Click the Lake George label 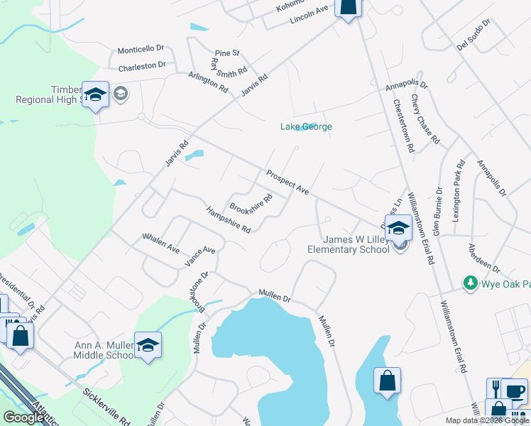[x=306, y=127]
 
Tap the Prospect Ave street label [x=288, y=183]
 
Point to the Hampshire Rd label [x=229, y=220]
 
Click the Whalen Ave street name [x=161, y=243]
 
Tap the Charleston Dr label [x=142, y=66]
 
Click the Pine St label [x=227, y=53]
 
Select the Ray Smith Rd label [x=228, y=67]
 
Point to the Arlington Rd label [x=208, y=83]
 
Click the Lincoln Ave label [x=310, y=16]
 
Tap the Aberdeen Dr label [x=483, y=258]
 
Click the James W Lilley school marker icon [x=398, y=228]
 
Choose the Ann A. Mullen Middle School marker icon [x=148, y=346]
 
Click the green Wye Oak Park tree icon [x=469, y=284]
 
